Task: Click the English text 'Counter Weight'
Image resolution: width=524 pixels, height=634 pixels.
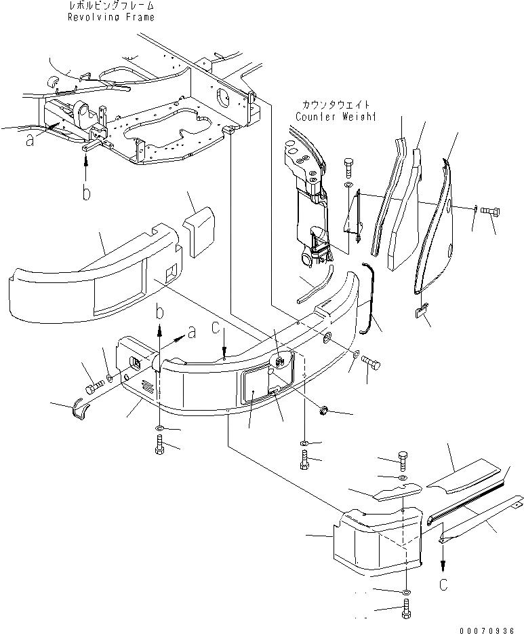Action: point(336,117)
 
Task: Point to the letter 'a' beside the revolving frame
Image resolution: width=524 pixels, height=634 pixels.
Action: point(29,140)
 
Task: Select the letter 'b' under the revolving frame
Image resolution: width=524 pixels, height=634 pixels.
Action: point(86,193)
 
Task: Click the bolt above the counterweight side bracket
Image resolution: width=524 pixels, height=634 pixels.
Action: point(348,166)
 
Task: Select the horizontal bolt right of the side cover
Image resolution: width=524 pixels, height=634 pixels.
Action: point(490,212)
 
